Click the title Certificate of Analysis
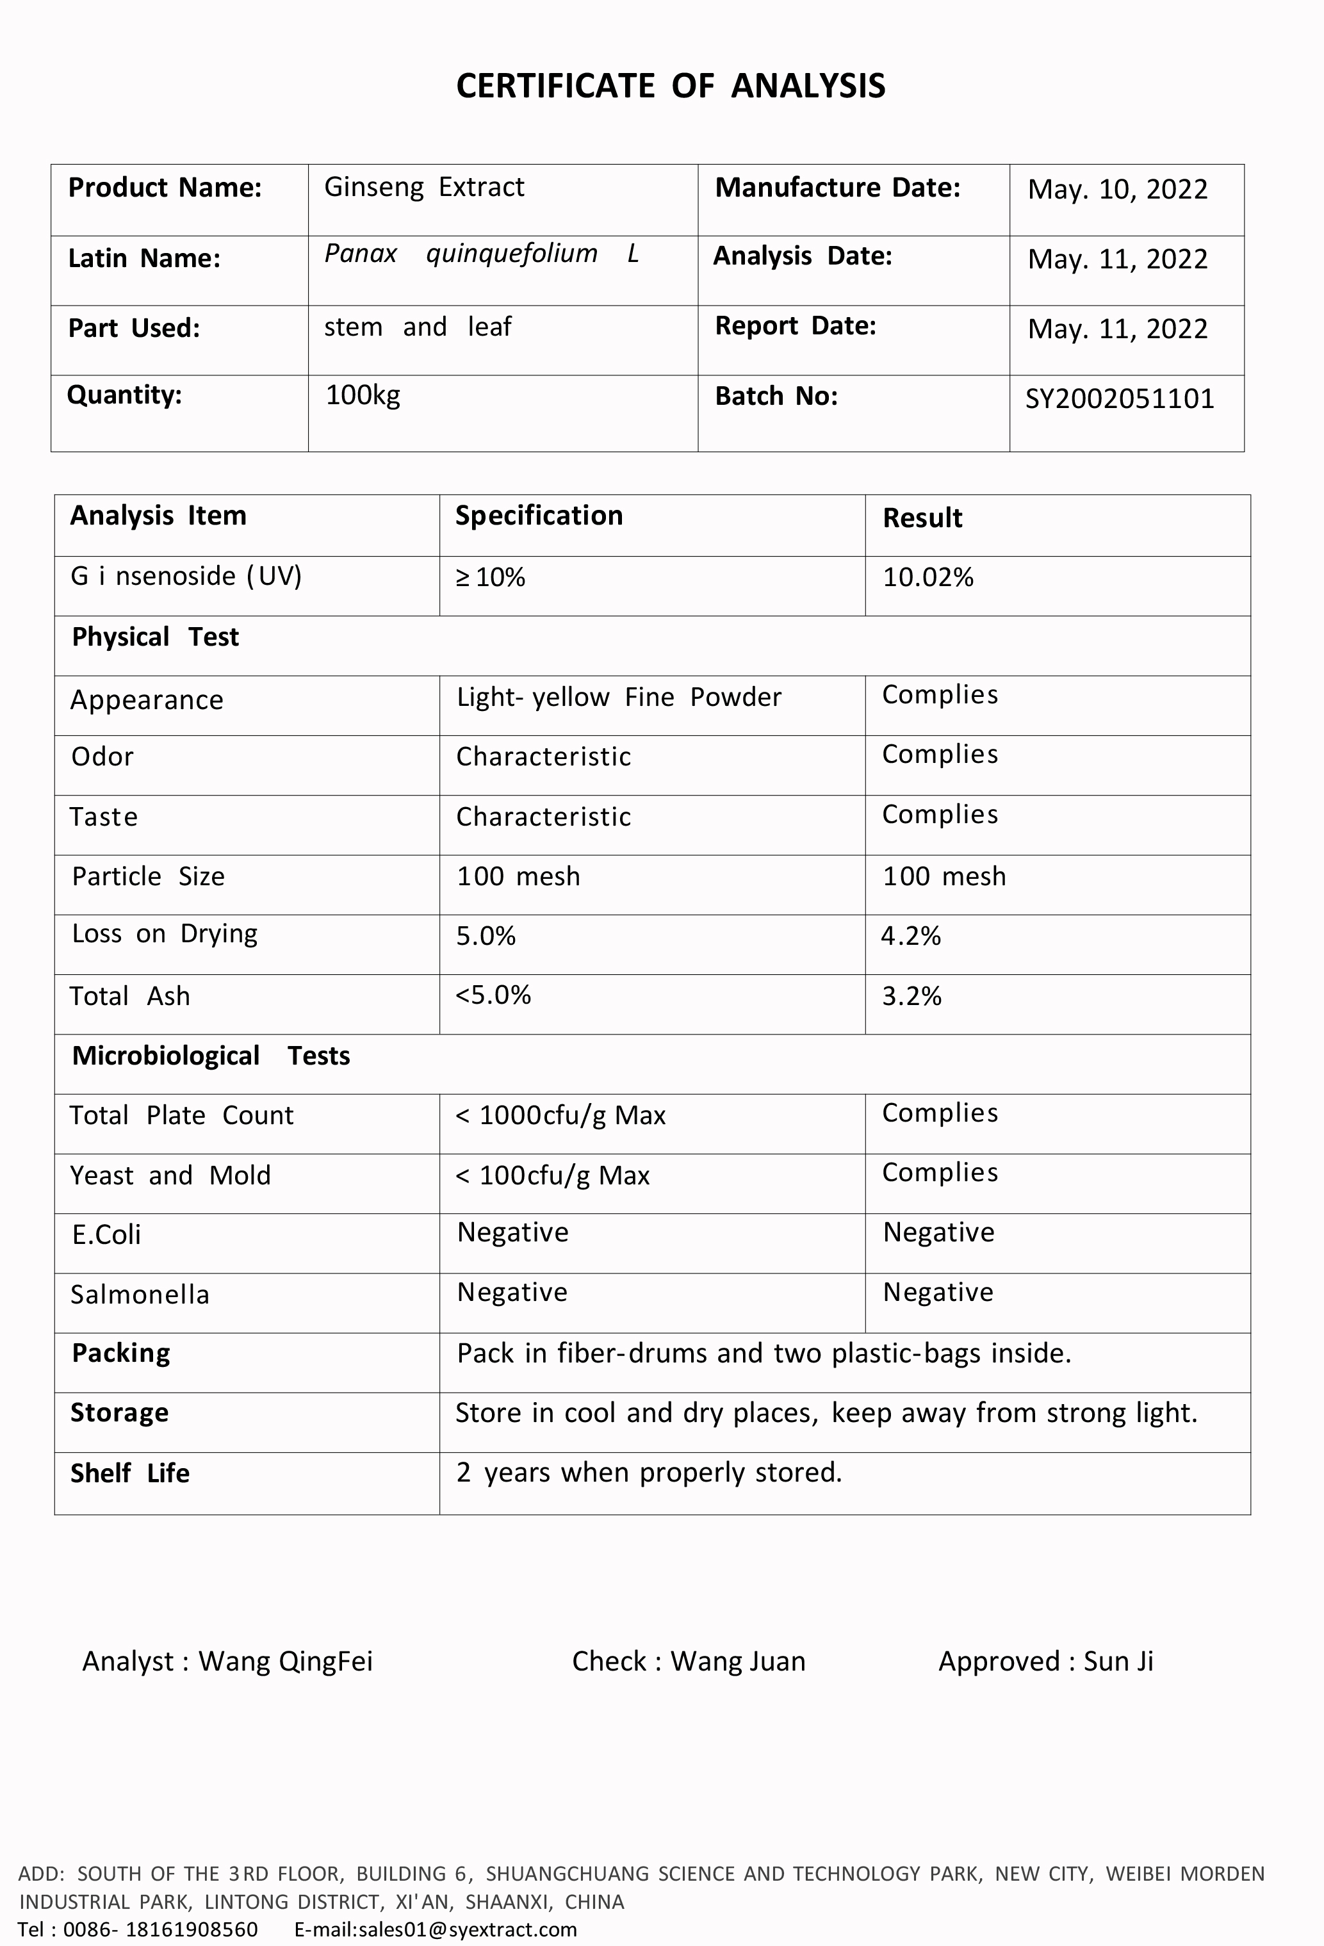pos(670,86)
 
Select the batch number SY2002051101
pos(1120,398)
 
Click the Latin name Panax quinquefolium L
pos(482,253)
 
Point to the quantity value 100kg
pos(363,395)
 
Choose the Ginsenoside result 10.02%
pos(928,577)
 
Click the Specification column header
pos(539,516)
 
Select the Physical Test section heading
pos(155,637)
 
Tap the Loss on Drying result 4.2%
pos(910,935)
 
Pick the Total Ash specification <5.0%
pos(493,995)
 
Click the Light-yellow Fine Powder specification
pos(618,697)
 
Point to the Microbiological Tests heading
pos(210,1056)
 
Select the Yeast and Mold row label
pos(170,1175)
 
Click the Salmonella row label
pos(139,1295)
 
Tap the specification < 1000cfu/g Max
pos(560,1115)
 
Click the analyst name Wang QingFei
pos(285,1662)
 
